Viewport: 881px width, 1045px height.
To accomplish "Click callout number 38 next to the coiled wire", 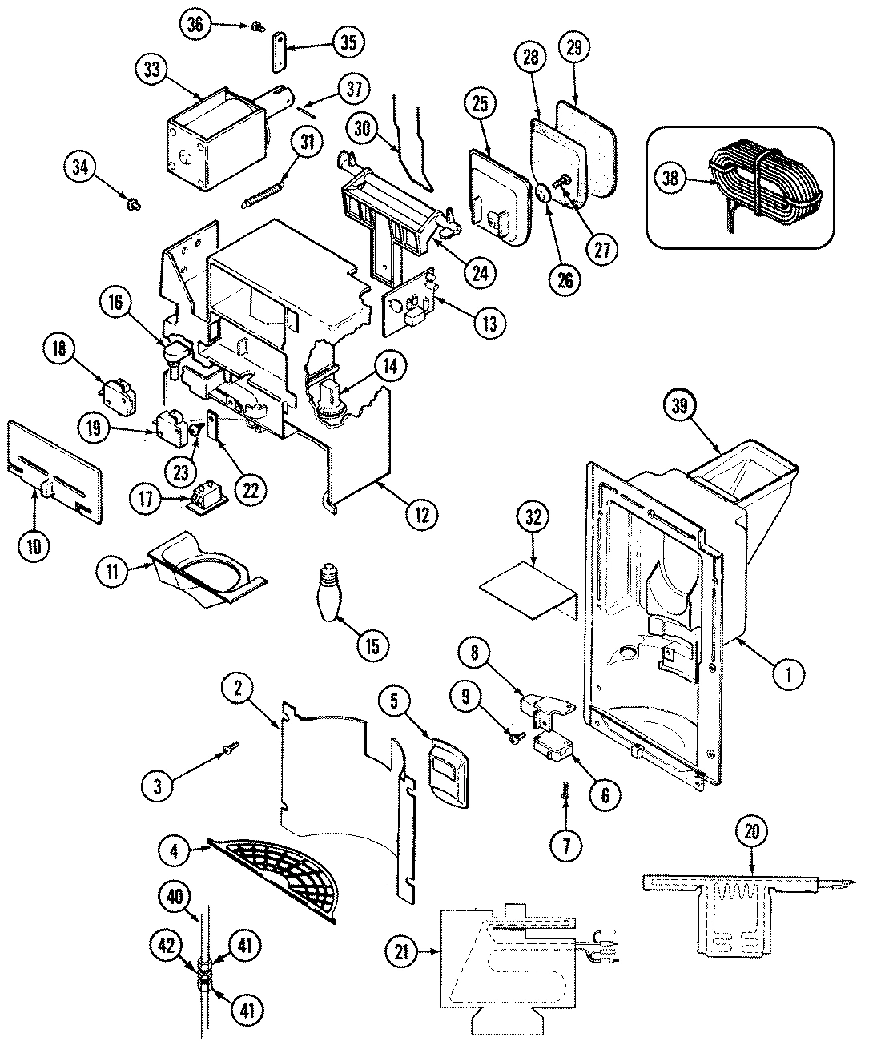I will [x=670, y=178].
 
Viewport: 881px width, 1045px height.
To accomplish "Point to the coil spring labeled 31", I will [x=263, y=195].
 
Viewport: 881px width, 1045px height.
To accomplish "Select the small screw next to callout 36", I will [x=258, y=26].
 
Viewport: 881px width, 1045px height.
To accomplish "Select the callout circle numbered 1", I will [x=789, y=675].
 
